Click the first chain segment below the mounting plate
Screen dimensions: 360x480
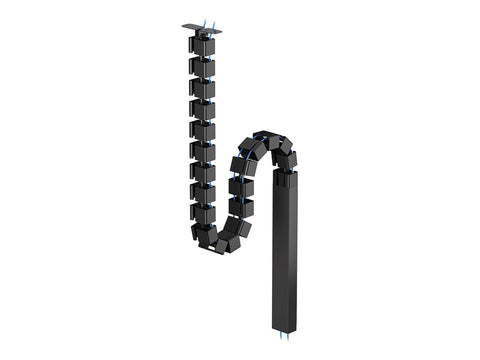[202, 48]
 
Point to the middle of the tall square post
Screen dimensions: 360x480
[286, 250]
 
